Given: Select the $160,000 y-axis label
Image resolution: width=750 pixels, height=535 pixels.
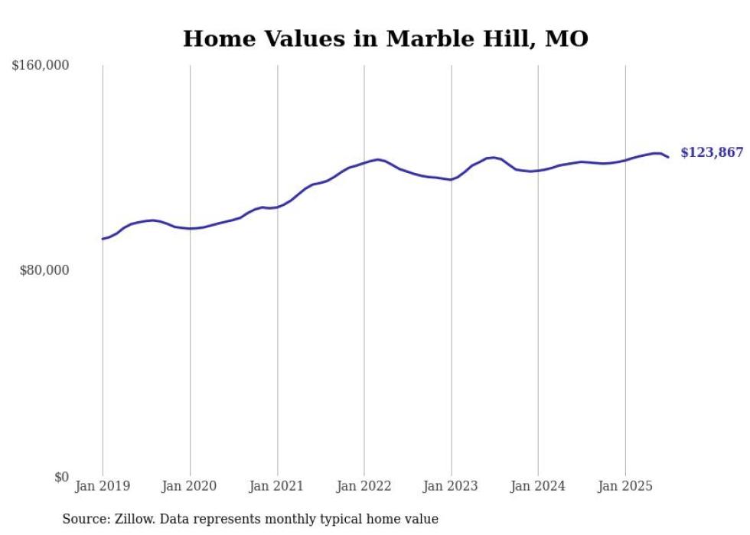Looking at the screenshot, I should tap(41, 66).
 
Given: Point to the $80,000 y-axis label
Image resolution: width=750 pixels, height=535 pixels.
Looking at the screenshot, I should tap(44, 270).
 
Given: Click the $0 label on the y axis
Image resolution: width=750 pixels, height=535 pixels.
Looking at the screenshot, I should tap(61, 477).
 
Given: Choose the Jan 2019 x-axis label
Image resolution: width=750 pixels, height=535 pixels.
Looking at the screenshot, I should tap(103, 486).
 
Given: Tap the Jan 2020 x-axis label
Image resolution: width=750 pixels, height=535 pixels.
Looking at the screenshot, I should tap(189, 486).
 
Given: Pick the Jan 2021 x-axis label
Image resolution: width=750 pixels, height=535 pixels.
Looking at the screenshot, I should tap(276, 486).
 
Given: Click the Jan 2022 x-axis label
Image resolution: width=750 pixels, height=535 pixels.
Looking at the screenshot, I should tap(364, 486).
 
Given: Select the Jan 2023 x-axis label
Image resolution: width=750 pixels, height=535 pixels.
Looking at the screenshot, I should tap(451, 486).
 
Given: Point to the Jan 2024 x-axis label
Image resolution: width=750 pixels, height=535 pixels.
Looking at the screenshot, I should tap(538, 486).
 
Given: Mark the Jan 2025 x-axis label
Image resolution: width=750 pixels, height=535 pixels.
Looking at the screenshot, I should tap(625, 486).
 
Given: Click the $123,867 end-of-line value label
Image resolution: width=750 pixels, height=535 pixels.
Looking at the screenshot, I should tap(711, 152).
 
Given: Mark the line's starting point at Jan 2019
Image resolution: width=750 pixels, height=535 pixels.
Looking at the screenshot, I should tap(103, 239).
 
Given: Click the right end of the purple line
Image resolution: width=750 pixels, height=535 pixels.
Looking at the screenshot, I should tap(668, 157).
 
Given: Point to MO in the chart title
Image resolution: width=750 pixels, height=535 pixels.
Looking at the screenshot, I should tap(566, 38).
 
